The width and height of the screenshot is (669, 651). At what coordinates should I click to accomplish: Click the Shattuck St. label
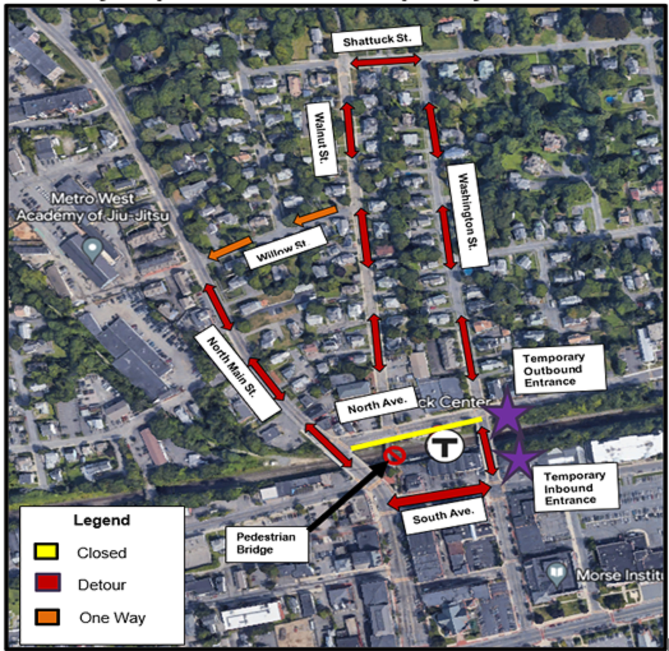(x=377, y=41)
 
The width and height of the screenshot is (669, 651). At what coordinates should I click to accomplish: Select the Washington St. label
(x=467, y=215)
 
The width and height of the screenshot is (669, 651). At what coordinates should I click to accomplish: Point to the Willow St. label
(x=285, y=248)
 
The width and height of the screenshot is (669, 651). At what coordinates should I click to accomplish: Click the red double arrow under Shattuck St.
(x=385, y=61)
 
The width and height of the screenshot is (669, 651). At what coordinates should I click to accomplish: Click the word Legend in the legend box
(x=101, y=520)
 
